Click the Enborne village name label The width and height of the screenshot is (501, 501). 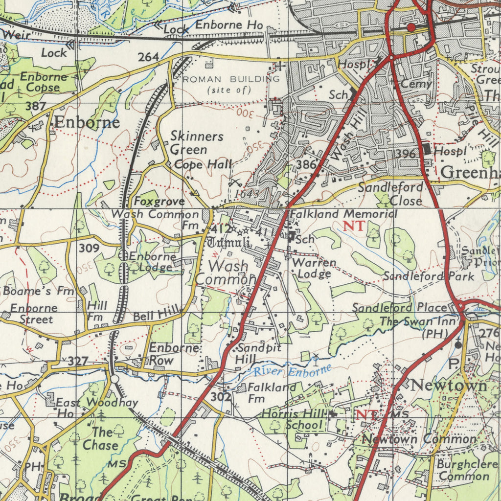click(x=87, y=122)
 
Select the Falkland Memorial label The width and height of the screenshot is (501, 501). click(x=343, y=214)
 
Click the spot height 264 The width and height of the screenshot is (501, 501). click(x=148, y=57)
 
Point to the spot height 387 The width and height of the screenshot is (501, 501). click(x=36, y=106)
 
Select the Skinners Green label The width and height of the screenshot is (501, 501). click(x=197, y=143)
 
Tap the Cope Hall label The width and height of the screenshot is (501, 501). click(x=203, y=164)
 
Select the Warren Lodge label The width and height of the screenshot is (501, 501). click(x=314, y=268)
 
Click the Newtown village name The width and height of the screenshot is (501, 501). click(x=449, y=386)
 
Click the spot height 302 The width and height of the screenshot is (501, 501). click(x=221, y=397)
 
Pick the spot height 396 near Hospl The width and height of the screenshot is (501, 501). click(x=405, y=154)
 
